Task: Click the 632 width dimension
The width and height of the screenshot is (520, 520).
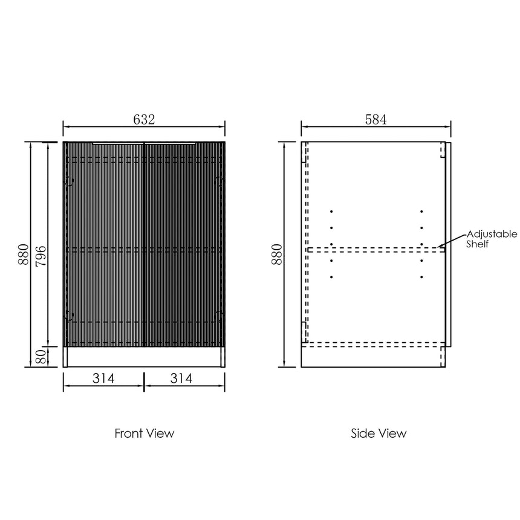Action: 144,119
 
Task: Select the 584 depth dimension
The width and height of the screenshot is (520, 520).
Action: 375,119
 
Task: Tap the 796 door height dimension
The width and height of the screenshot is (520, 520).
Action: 41,256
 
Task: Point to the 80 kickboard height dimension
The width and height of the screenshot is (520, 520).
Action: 41,357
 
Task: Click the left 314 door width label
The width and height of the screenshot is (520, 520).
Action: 103,378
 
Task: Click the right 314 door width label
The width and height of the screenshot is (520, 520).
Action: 181,378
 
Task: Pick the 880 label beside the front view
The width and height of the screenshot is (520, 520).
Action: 24,255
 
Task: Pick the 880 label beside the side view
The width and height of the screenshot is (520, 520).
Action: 277,255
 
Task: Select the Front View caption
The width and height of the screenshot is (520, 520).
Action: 145,433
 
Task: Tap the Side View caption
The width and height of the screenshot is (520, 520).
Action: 379,433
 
